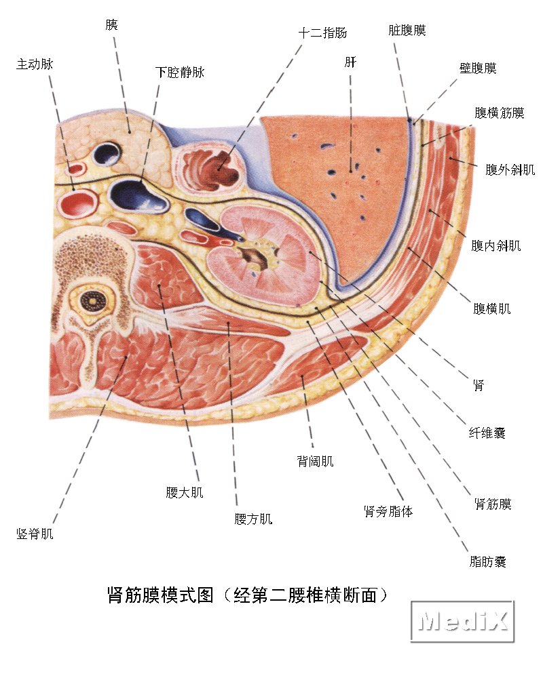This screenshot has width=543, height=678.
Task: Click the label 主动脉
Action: (x=34, y=64)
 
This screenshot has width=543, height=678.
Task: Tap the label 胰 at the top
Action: (x=111, y=24)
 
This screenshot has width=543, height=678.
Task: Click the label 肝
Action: (x=350, y=62)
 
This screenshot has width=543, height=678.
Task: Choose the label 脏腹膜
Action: (x=407, y=31)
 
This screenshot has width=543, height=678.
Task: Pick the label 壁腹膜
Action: (x=478, y=68)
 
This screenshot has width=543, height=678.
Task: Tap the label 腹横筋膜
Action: (x=500, y=113)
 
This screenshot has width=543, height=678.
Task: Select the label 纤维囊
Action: (x=487, y=432)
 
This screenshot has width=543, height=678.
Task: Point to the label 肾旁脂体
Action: (x=388, y=511)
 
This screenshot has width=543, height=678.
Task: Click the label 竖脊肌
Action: (x=35, y=534)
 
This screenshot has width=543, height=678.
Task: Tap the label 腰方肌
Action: (x=253, y=519)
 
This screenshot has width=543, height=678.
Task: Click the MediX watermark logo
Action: (x=462, y=620)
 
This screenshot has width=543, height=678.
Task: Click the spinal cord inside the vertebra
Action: (x=90, y=299)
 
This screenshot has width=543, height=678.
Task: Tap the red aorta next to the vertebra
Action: (x=80, y=201)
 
